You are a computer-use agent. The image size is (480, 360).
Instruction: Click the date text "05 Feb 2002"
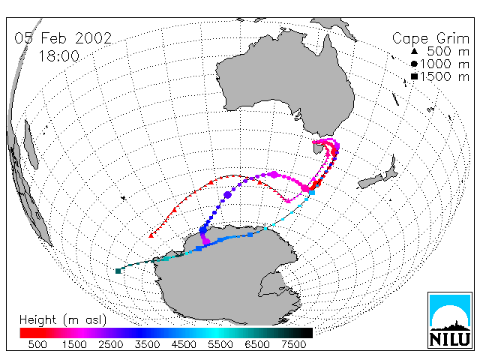click(63, 38)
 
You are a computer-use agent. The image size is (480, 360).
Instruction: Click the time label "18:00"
click(58, 56)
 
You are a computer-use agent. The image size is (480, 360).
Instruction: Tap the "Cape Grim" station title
click(430, 39)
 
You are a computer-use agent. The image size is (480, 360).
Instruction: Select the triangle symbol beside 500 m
click(414, 51)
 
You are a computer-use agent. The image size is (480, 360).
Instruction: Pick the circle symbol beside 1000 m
click(414, 64)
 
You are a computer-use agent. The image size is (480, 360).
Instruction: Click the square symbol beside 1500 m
click(414, 76)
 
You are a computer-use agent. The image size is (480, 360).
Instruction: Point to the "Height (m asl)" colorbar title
click(63, 320)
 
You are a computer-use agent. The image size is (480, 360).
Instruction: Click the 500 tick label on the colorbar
click(37, 345)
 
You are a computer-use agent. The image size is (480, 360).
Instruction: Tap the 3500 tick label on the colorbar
click(147, 345)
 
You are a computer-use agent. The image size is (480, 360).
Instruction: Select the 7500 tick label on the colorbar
click(293, 345)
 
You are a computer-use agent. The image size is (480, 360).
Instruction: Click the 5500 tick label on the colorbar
click(220, 345)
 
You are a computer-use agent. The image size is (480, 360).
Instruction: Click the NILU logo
click(450, 320)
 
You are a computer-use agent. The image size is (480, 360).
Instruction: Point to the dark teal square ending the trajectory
click(118, 271)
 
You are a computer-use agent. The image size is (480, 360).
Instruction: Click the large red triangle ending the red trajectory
click(151, 235)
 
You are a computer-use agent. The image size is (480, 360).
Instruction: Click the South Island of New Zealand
click(370, 181)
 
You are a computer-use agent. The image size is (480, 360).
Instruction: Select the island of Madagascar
click(31, 144)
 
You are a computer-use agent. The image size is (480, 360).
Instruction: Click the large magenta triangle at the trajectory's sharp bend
click(288, 200)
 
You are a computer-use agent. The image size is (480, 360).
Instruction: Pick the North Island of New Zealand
click(391, 169)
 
